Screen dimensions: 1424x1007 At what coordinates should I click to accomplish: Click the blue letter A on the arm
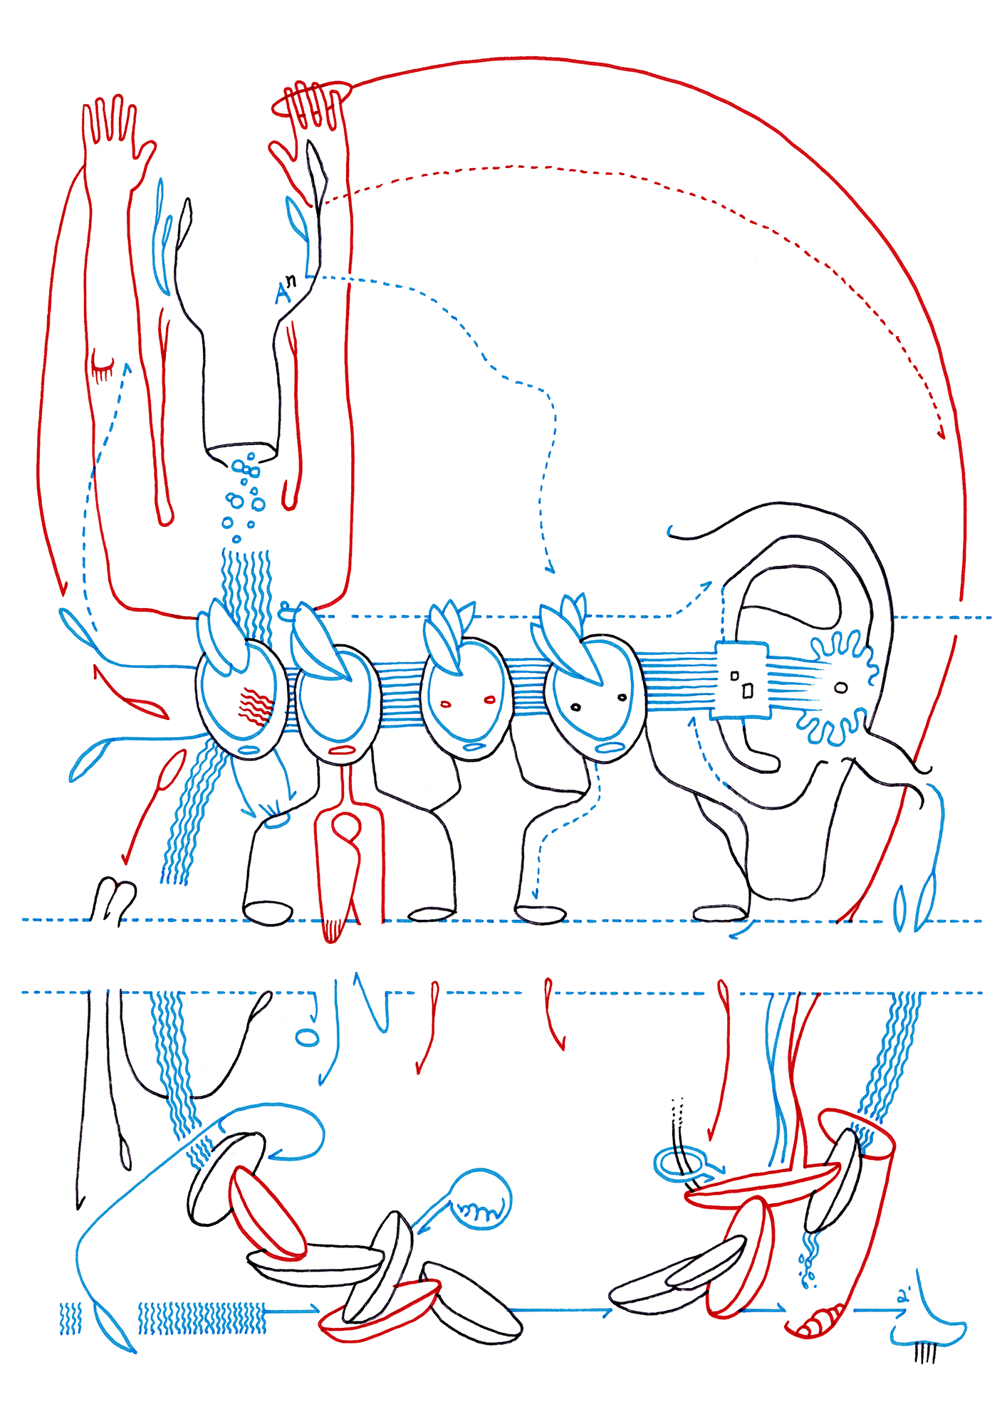283,293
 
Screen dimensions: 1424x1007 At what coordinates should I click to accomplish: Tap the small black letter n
291,281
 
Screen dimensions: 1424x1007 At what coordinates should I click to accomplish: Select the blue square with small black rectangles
741,680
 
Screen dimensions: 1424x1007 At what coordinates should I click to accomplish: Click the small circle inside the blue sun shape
841,688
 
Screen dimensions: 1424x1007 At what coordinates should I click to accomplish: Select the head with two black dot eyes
596,701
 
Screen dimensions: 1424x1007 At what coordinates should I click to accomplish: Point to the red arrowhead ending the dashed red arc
941,432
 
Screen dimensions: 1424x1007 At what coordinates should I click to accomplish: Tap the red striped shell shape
819,1323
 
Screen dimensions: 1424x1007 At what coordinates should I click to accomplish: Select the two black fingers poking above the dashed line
114,899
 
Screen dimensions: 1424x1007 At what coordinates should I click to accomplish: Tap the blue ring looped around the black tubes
680,1163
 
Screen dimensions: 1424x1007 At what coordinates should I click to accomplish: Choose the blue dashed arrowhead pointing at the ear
705,586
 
